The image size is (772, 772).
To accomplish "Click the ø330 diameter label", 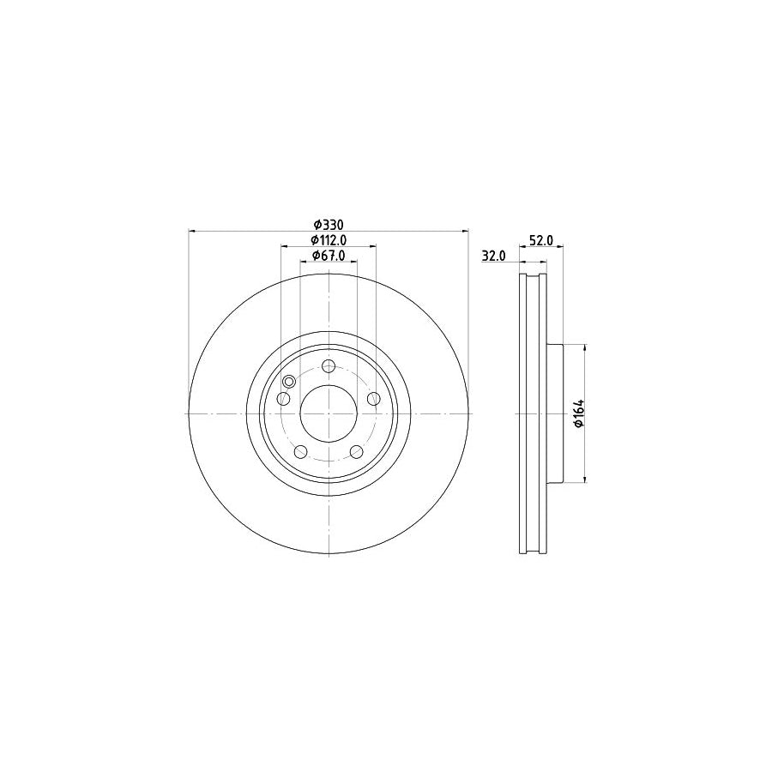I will (x=329, y=224).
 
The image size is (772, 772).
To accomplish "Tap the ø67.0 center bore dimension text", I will (x=328, y=255).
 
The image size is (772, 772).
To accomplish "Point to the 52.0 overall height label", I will (x=540, y=241).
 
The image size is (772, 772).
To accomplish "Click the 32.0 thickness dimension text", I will (x=493, y=256).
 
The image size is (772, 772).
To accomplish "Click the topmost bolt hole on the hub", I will (x=329, y=367).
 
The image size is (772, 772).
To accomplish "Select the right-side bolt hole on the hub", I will (x=373, y=398).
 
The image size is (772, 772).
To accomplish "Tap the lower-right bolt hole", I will (x=356, y=452).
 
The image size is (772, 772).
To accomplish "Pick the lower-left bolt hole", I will (x=300, y=452).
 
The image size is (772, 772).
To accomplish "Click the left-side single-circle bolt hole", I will (x=283, y=399).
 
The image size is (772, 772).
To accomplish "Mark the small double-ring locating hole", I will (x=289, y=382).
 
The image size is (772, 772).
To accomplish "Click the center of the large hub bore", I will (x=329, y=413).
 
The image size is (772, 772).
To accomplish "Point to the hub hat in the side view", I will (x=553, y=413).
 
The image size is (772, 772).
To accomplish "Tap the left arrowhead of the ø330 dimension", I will (x=192, y=231).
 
